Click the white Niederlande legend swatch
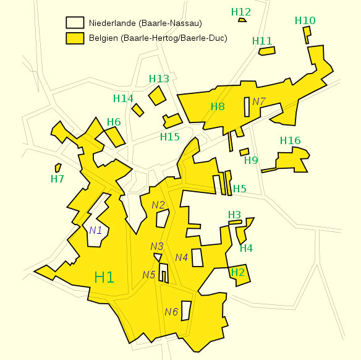(x=75, y=23)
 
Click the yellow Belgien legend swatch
(x=75, y=38)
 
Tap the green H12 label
(x=240, y=12)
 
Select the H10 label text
(x=305, y=20)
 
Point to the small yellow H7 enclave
(x=57, y=168)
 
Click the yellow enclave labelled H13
(x=157, y=95)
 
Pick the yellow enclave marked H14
(x=137, y=109)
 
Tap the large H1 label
(x=104, y=277)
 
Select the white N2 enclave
(x=163, y=218)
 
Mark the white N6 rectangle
(x=185, y=310)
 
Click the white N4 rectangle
(x=197, y=257)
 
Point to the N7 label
(x=258, y=101)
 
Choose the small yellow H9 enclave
(x=244, y=152)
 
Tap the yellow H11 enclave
(x=266, y=51)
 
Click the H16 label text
(x=290, y=141)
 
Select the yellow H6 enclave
(x=114, y=137)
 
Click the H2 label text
(x=238, y=272)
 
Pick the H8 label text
(x=218, y=106)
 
